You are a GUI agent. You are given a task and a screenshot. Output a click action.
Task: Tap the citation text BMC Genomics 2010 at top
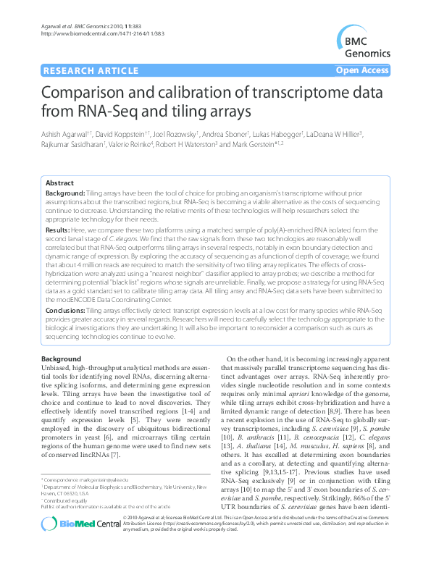[82, 26]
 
